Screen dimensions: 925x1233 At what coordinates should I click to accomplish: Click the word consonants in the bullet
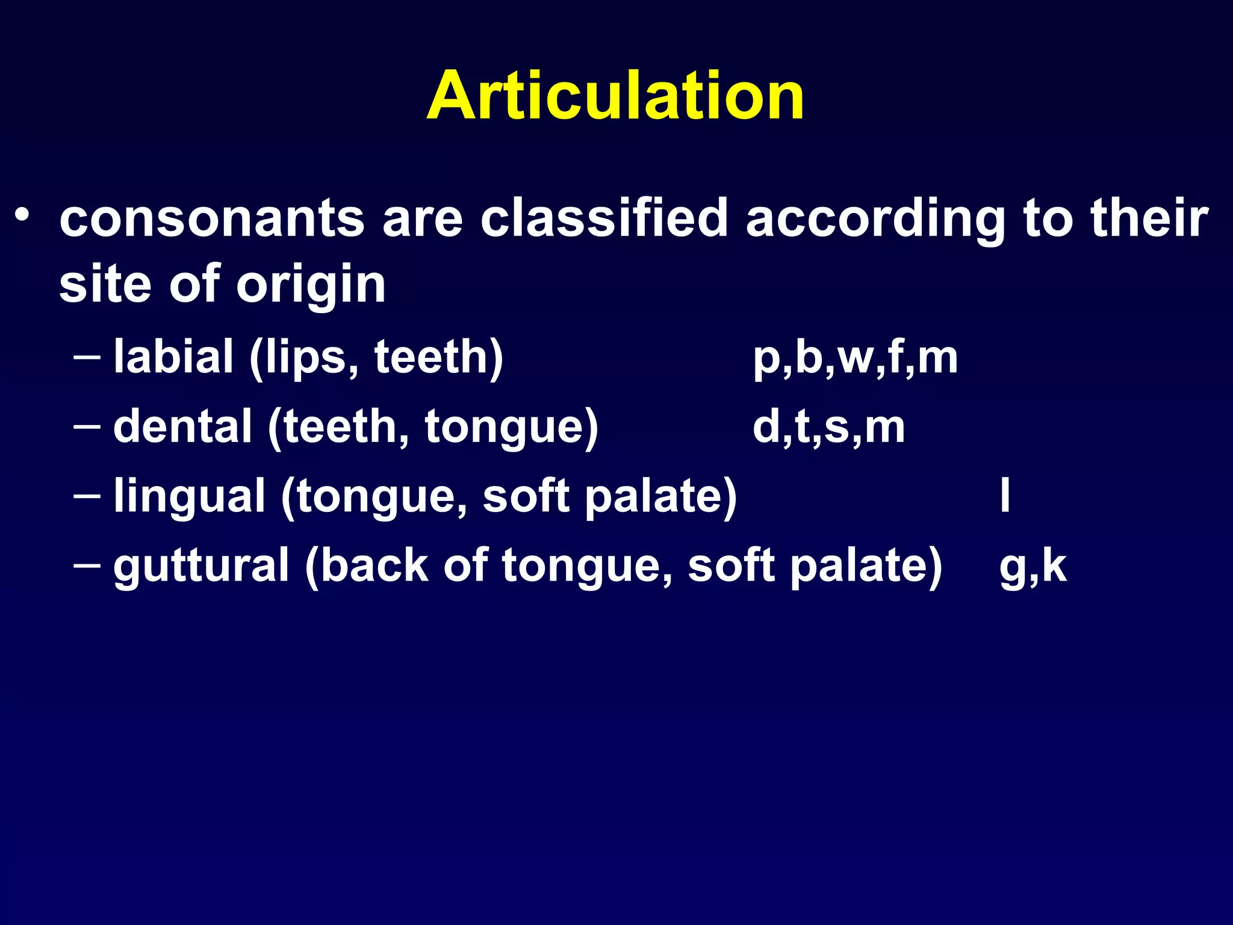(x=212, y=218)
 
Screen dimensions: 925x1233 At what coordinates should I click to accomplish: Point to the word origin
(x=311, y=285)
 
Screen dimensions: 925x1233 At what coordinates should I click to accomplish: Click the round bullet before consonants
(x=22, y=215)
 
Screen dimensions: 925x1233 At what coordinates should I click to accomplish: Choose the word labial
(x=173, y=357)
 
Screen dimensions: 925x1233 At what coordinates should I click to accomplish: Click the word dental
(x=182, y=426)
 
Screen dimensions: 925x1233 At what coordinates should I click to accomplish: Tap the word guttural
(x=201, y=566)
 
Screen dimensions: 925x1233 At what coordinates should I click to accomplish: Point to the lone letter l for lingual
(x=1004, y=495)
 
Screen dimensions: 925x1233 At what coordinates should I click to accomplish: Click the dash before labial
(x=87, y=357)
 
